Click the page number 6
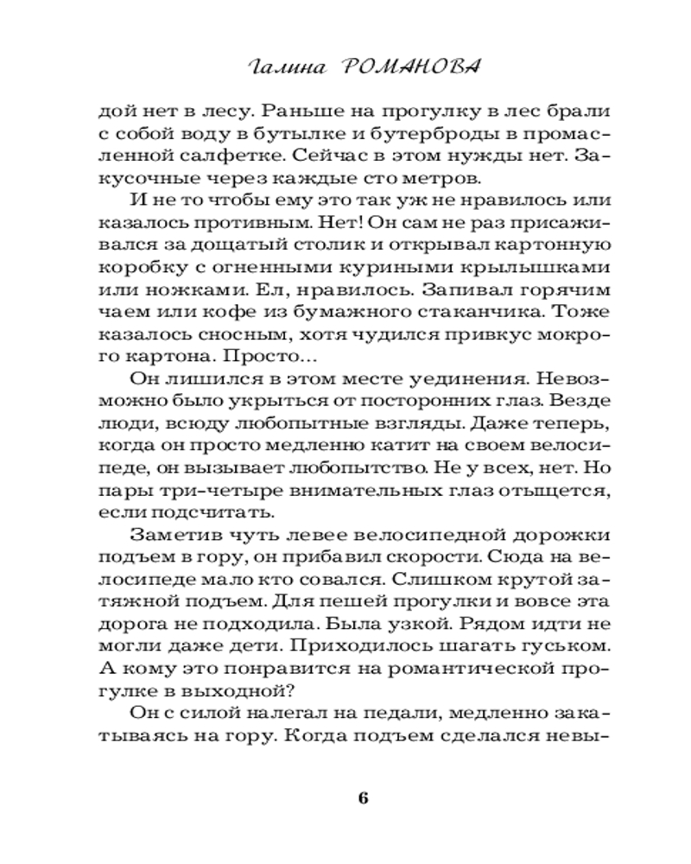point(363,797)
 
